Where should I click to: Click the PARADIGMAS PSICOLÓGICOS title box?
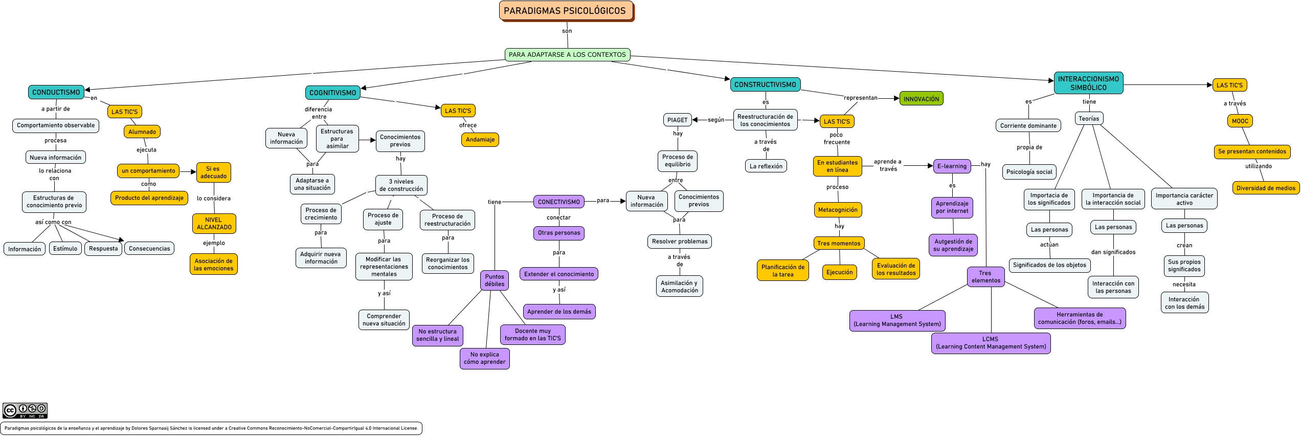pos(566,11)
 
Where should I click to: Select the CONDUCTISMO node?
pos(56,92)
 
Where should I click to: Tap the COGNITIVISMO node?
pos(332,93)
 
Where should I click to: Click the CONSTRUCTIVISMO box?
pos(765,84)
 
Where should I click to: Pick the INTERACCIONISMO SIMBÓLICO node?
pos(1088,83)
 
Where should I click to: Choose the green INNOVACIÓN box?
pos(921,99)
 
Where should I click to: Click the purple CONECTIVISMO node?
pos(558,202)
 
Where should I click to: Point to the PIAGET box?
pos(677,120)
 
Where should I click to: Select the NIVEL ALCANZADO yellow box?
pos(214,223)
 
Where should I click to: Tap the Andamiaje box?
pos(480,139)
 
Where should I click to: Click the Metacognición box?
pos(838,210)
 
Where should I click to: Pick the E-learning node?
pos(952,166)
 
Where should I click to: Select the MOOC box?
pos(1240,121)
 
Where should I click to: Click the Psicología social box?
pos(1029,171)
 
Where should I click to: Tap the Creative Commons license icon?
pos(25,410)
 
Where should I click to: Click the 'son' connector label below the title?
pos(567,31)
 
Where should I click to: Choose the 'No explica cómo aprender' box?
pos(484,358)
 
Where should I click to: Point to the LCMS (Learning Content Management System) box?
pos(991,343)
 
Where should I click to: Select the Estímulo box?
pos(65,248)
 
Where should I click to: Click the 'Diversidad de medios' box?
pos(1266,188)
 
